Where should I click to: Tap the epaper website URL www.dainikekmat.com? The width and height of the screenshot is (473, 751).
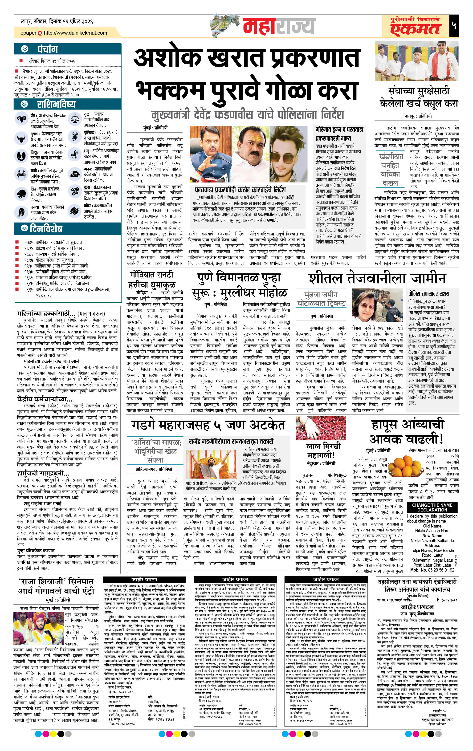pyautogui.click(x=75, y=33)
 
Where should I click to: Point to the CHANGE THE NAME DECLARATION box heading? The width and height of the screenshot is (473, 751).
pyautogui.click(x=432, y=507)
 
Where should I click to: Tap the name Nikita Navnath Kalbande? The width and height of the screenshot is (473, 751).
pyautogui.click(x=432, y=540)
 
